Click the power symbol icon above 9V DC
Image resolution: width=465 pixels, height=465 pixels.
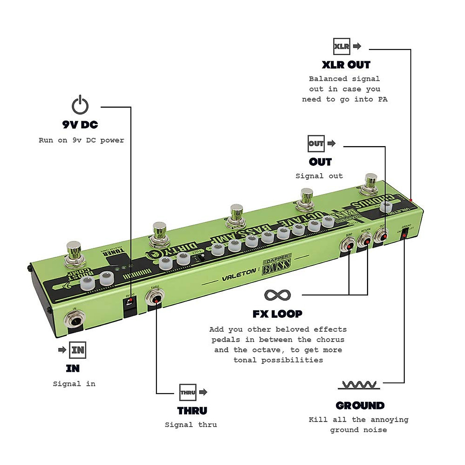[80, 105]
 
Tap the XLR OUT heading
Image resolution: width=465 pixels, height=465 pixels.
[346, 65]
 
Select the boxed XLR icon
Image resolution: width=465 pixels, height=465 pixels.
[341, 46]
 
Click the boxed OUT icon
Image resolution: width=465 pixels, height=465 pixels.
[316, 143]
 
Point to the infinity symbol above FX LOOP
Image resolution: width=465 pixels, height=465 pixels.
[277, 295]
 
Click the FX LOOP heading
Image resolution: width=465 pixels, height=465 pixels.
[277, 314]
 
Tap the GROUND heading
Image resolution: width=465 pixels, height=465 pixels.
[360, 406]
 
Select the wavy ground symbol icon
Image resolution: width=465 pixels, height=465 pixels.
[359, 385]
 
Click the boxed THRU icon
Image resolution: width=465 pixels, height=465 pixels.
[188, 392]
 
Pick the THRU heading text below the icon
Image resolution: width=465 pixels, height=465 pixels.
[192, 411]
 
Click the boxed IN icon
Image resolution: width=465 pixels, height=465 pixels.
[77, 350]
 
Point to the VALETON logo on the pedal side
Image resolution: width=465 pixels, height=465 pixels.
[239, 274]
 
